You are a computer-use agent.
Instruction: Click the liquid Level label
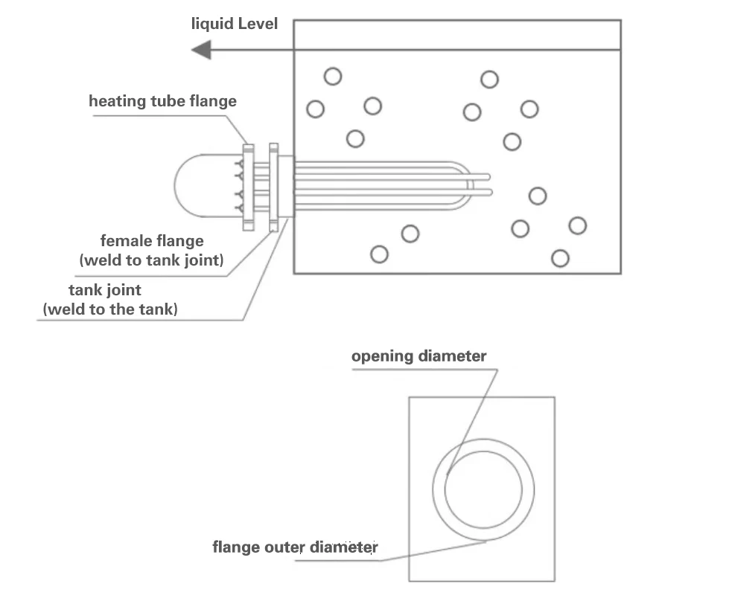(x=234, y=24)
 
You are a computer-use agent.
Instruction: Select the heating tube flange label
(x=162, y=100)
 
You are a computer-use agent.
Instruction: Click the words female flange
(x=152, y=241)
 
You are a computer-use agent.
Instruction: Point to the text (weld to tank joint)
(x=151, y=260)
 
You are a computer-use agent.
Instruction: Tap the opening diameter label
(x=418, y=356)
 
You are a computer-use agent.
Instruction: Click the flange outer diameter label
(x=295, y=548)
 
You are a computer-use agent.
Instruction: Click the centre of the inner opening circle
(x=483, y=489)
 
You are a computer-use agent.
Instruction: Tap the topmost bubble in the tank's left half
(x=333, y=76)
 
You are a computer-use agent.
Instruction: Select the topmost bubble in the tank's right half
(x=489, y=79)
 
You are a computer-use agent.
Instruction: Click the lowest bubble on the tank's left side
(x=379, y=254)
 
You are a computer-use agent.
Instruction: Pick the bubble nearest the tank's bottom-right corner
(x=561, y=258)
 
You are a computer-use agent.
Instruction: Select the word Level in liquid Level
(x=258, y=24)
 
